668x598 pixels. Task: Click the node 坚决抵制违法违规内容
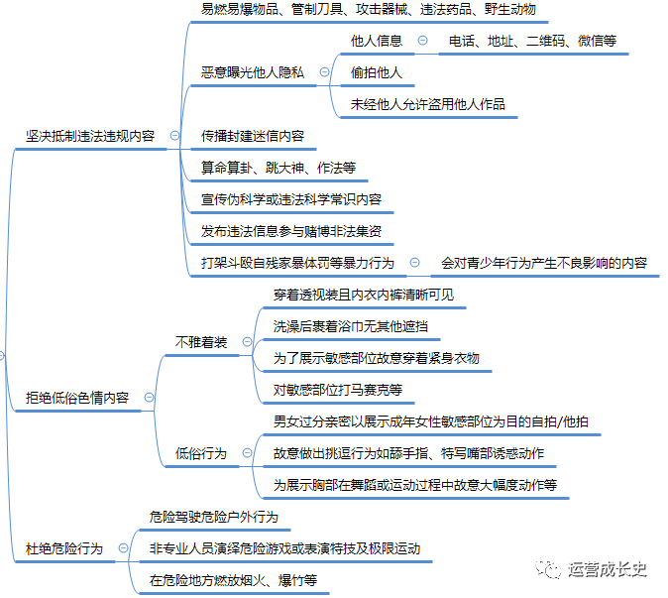[90, 136]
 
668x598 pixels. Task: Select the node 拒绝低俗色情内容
[77, 398]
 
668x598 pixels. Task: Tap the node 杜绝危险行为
[64, 548]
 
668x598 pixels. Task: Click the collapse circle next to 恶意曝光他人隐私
[325, 72]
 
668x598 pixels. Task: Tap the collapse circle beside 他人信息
[422, 41]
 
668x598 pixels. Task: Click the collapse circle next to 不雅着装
[247, 342]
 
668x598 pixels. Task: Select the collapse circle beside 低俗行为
[247, 452]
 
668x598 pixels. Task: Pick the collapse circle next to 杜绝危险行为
[123, 548]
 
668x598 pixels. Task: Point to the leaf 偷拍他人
[377, 72]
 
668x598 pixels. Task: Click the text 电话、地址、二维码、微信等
[532, 41]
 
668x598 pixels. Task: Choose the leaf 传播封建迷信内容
[253, 136]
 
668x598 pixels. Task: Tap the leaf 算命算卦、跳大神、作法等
[278, 168]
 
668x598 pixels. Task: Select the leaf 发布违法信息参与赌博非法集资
[291, 231]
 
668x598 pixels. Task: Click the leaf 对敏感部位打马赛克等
[338, 390]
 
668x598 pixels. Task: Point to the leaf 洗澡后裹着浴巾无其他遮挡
[351, 326]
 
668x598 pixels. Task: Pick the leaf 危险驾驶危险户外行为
[214, 517]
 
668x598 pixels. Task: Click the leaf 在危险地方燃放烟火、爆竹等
[234, 580]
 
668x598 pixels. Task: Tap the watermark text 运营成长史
[608, 569]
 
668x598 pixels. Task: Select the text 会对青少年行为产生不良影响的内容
[544, 263]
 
